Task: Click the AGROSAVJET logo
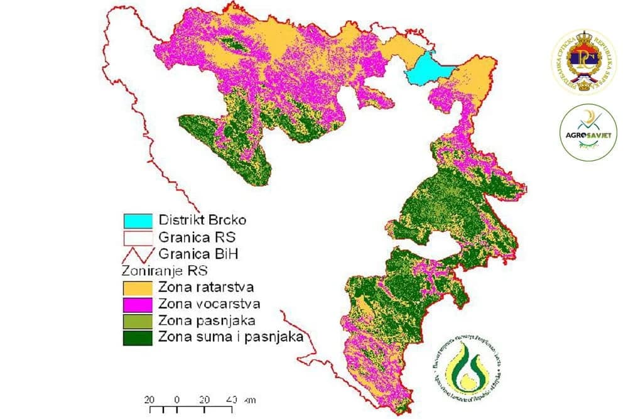pos(588,131)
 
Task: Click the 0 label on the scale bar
pos(177,400)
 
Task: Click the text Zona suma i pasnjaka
pos(232,336)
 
